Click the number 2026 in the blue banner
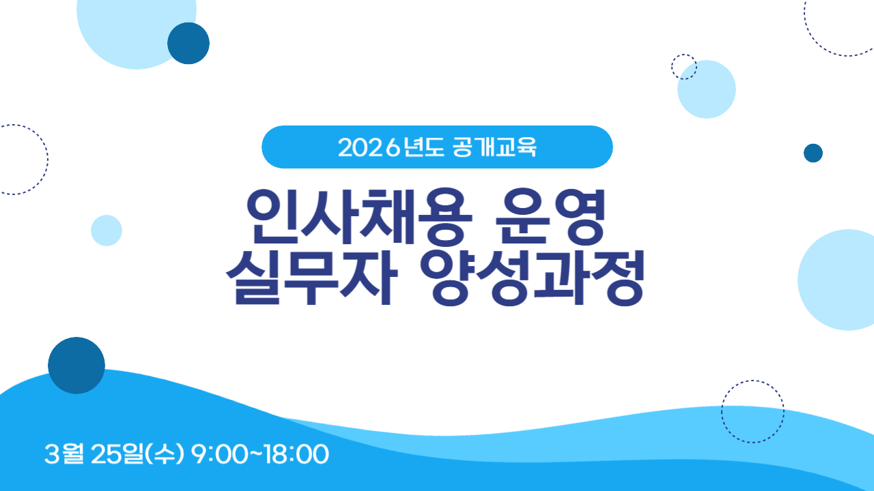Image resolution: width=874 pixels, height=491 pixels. (369, 148)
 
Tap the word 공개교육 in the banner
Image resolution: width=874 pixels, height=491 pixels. (495, 147)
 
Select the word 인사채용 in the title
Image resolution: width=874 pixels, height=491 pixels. (360, 216)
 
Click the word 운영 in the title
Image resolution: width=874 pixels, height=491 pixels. (550, 216)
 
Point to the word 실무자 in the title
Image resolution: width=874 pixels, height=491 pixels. (312, 277)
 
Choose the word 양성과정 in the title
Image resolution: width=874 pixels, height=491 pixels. (532, 278)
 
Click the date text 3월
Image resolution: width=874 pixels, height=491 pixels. (64, 454)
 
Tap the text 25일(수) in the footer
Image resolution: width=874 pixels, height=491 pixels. (137, 454)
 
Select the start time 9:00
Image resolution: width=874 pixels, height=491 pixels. (219, 454)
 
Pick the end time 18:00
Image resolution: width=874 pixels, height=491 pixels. (297, 454)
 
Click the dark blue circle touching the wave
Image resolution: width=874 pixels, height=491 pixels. (76, 366)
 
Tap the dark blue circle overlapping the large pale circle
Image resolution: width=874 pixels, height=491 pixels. (188, 43)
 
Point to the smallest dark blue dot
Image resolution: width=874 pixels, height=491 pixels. (813, 153)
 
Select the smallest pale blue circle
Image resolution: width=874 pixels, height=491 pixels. (107, 230)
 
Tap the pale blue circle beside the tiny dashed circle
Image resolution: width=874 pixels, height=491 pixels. (707, 89)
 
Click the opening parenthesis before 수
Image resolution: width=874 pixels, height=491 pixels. (148, 454)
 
